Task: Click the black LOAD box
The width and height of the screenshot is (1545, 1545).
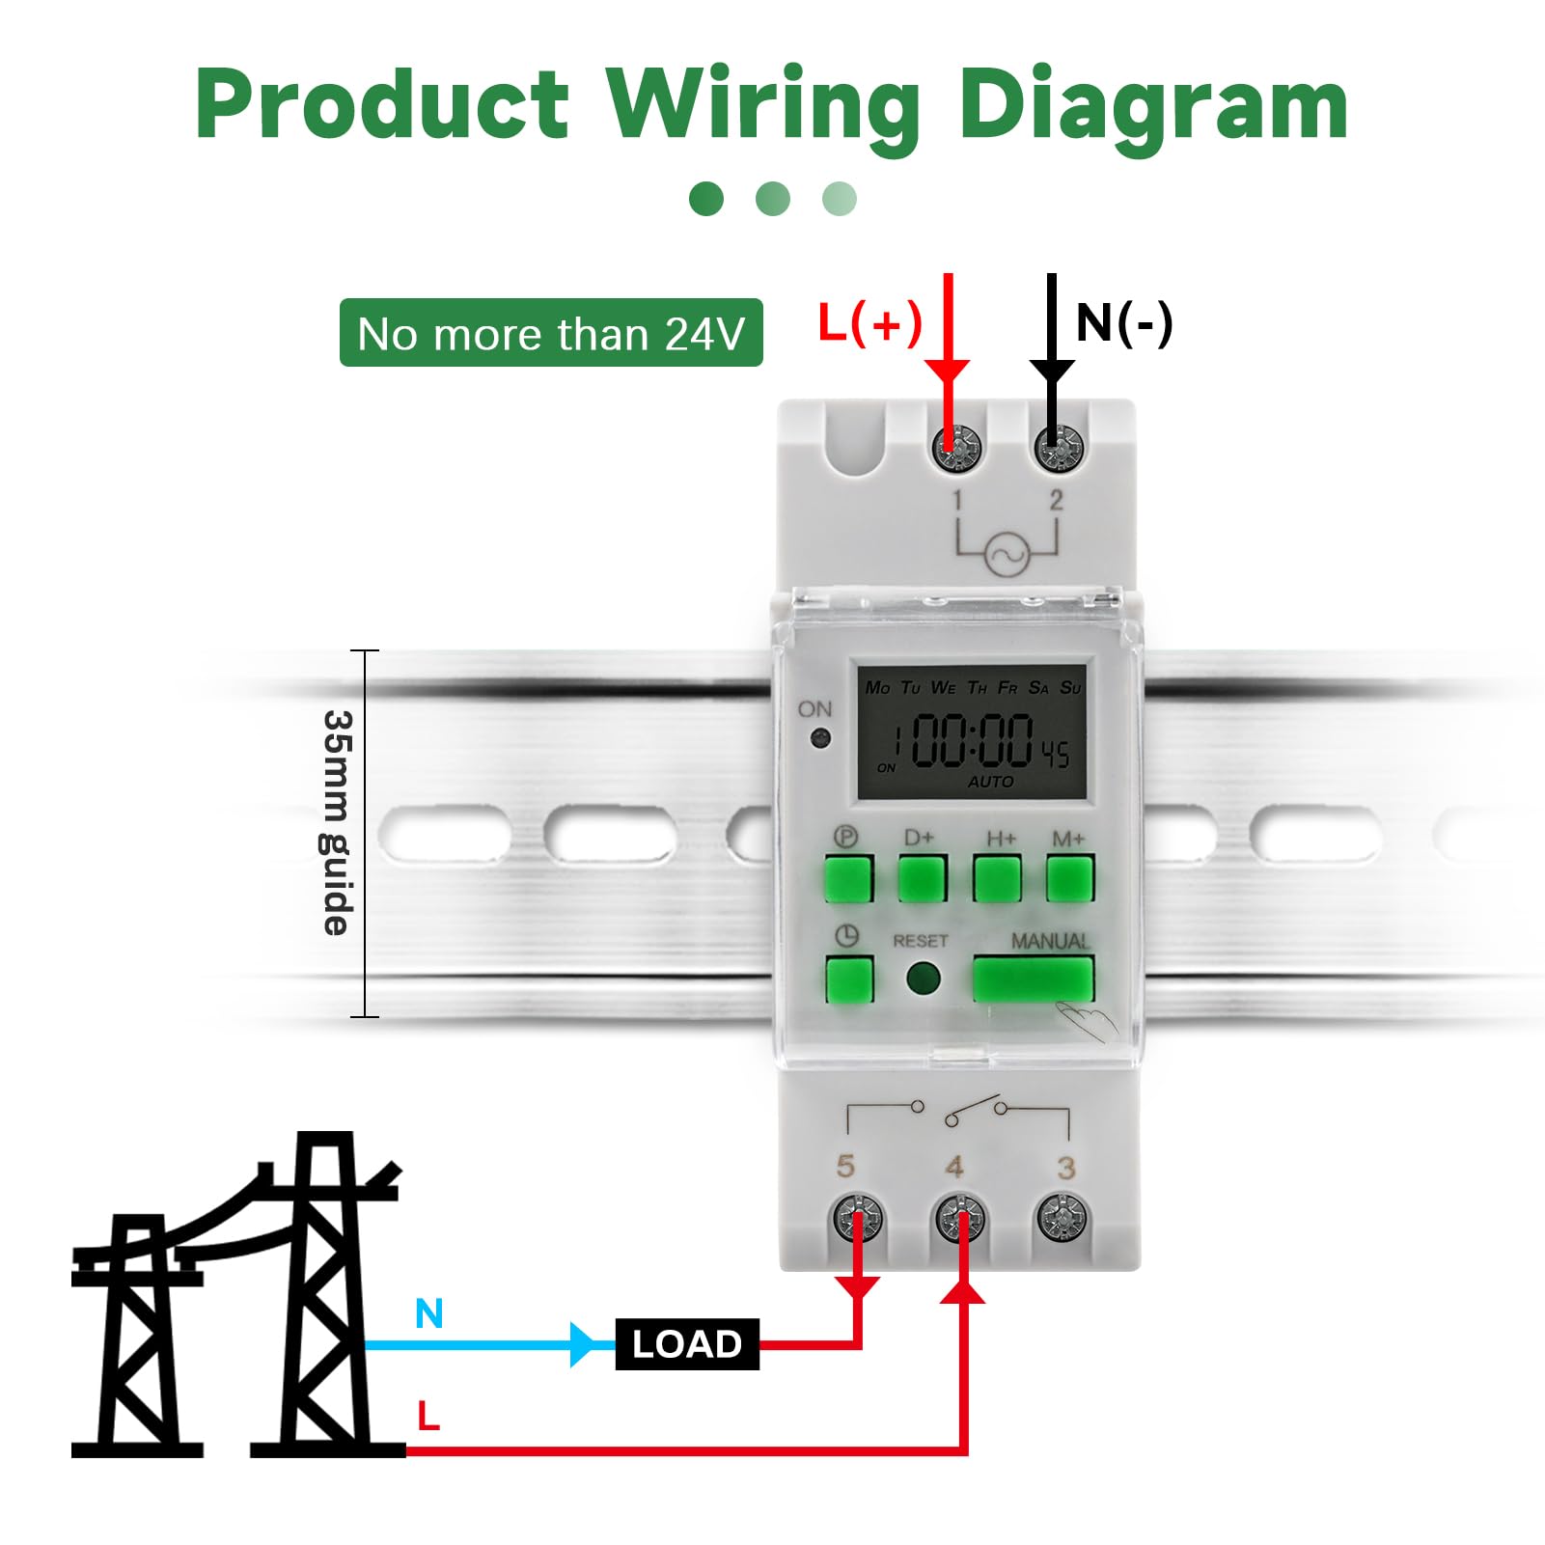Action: tap(687, 1343)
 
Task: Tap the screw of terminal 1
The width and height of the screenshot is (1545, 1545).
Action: tap(957, 448)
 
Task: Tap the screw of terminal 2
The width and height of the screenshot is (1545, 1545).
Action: tap(1059, 448)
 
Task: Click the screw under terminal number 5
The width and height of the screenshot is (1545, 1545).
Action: tap(857, 1218)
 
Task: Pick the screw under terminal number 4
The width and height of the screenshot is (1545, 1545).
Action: tap(960, 1219)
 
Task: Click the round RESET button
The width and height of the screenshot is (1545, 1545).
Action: tap(924, 979)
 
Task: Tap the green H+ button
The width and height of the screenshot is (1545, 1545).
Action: tap(997, 877)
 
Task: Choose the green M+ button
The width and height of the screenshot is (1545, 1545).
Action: tap(1070, 877)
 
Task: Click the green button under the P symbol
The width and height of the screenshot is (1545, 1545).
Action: tap(848, 877)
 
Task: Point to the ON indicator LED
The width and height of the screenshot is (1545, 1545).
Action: tap(821, 739)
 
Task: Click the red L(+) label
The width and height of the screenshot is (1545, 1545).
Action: tap(869, 322)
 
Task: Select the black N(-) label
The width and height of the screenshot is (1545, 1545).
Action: tap(1124, 322)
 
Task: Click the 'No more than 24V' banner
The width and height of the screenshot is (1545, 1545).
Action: tap(551, 333)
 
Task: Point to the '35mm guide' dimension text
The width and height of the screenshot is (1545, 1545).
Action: tap(338, 822)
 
